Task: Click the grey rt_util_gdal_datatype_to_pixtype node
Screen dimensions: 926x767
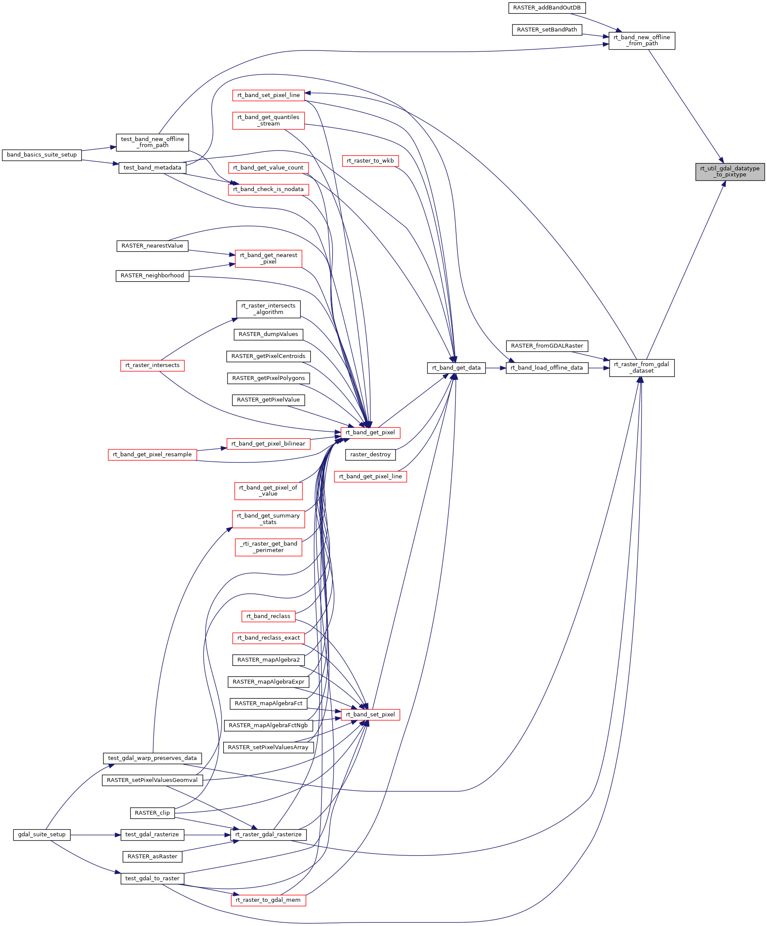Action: click(x=730, y=172)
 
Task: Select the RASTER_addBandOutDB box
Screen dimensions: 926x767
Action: click(x=546, y=8)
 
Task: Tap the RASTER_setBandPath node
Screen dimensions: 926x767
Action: click(x=546, y=29)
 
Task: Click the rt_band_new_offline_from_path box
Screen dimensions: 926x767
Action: click(x=642, y=41)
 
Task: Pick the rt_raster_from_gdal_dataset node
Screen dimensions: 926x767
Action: click(x=642, y=367)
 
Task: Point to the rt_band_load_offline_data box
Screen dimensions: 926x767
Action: click(x=546, y=368)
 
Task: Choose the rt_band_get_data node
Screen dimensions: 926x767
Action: click(x=456, y=368)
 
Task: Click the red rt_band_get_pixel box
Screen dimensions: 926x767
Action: click(x=370, y=433)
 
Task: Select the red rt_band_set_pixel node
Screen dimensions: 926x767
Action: click(x=370, y=714)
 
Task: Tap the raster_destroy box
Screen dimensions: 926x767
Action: click(x=370, y=455)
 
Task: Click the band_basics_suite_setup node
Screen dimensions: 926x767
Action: click(x=42, y=155)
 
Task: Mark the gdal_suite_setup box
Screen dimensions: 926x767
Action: click(x=42, y=834)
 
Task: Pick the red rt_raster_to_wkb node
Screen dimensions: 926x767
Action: click(x=370, y=161)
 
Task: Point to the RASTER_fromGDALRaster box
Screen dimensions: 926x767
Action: click(x=547, y=346)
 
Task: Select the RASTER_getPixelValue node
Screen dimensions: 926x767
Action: click(x=268, y=400)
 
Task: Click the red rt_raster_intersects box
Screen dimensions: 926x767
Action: click(x=152, y=365)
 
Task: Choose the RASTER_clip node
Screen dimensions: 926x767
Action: click(x=152, y=813)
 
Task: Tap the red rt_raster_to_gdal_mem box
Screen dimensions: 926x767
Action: click(x=268, y=900)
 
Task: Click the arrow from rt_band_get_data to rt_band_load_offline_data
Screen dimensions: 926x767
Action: click(x=496, y=368)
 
